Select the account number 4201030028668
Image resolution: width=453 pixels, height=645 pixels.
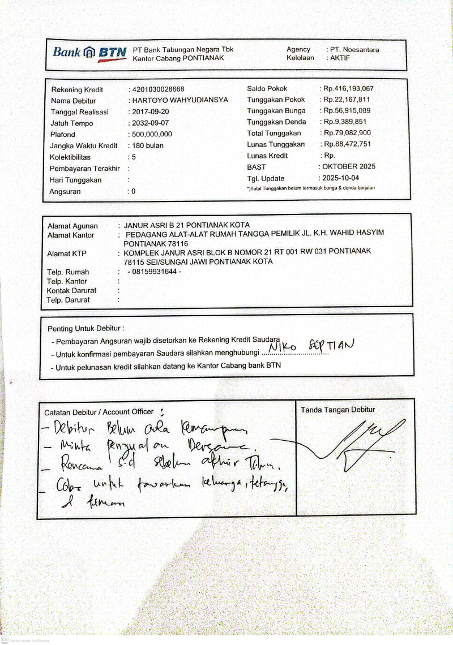click(x=158, y=89)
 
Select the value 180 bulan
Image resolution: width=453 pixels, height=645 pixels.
click(x=147, y=146)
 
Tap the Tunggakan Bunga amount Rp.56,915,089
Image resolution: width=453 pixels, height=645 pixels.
click(x=347, y=111)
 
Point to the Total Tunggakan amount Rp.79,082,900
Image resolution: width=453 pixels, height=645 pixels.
click(x=347, y=134)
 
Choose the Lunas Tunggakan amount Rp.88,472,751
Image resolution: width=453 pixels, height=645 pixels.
click(x=347, y=144)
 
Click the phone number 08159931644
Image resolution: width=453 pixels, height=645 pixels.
click(x=155, y=272)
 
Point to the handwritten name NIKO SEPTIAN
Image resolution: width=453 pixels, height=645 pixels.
click(x=311, y=345)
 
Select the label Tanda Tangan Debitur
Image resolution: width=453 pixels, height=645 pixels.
click(x=337, y=410)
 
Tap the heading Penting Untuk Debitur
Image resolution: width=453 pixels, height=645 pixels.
click(x=86, y=329)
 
